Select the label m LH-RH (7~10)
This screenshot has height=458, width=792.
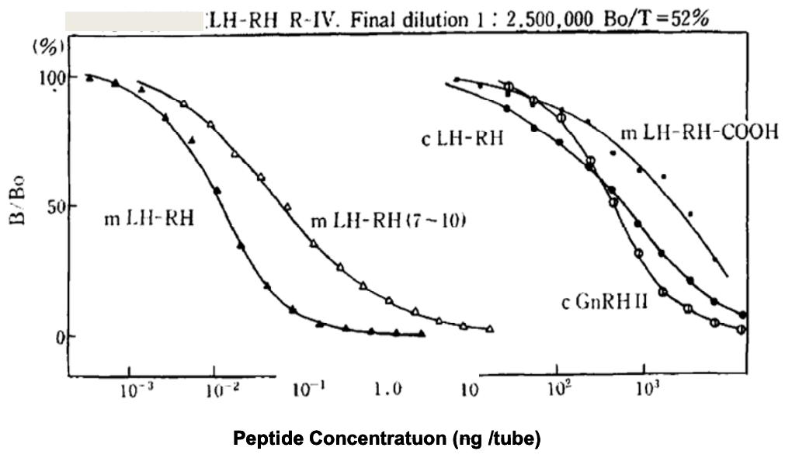click(388, 223)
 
